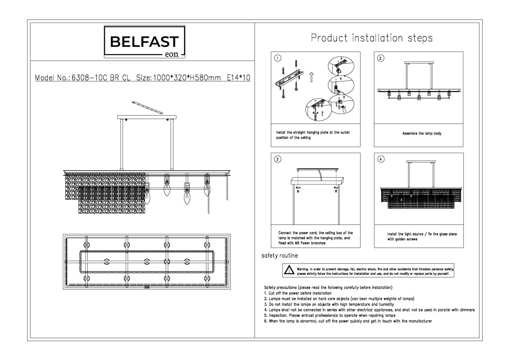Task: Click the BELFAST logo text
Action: coord(145,42)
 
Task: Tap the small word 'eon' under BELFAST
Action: coord(171,54)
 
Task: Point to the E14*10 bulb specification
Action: coord(239,78)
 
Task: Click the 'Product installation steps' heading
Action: coord(372,38)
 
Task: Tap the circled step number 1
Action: coord(278,58)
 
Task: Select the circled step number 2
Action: coord(381,58)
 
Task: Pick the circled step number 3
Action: coord(278,159)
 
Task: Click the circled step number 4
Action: coord(381,159)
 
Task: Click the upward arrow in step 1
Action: coord(311,77)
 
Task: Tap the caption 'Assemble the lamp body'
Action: coord(422,133)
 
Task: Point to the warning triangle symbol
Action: coord(289,270)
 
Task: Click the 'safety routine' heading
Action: coord(280,255)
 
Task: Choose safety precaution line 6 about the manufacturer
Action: coord(348,321)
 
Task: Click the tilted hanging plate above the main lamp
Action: coord(147,108)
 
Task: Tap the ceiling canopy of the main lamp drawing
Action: coord(147,117)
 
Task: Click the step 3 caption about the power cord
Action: coord(315,238)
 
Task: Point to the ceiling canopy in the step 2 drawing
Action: coord(419,63)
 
